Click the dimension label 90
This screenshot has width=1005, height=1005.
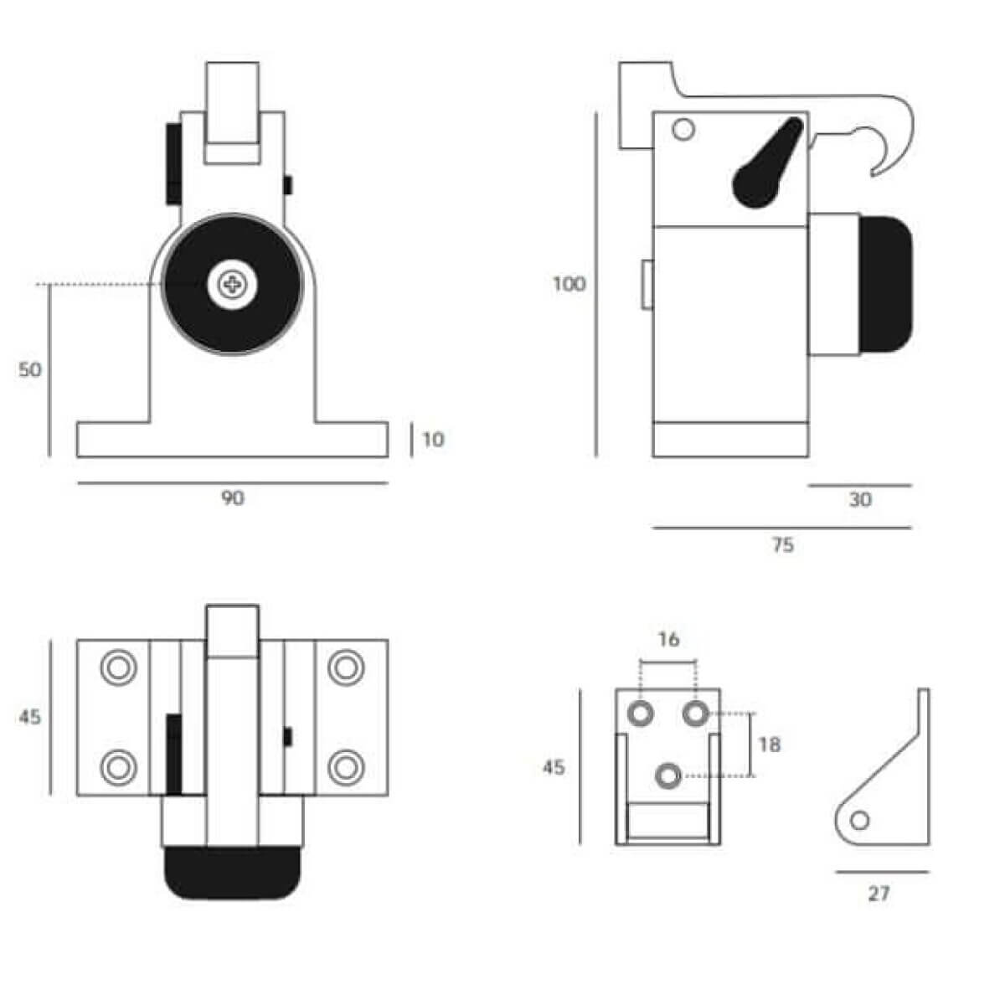click(x=233, y=498)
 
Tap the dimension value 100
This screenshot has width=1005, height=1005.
click(x=569, y=284)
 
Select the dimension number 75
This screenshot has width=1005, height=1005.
click(x=782, y=545)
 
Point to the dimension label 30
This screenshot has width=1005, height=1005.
click(x=860, y=500)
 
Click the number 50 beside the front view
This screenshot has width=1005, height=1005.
click(x=29, y=370)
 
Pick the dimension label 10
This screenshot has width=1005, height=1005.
click(x=433, y=441)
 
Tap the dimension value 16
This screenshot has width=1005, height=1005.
click(x=668, y=639)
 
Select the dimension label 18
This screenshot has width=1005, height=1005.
click(x=770, y=745)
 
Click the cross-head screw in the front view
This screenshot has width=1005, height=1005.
click(x=233, y=285)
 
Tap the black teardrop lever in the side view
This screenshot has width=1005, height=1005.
click(x=768, y=162)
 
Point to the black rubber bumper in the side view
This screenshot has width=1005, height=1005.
click(x=885, y=284)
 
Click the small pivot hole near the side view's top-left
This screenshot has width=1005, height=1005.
click(x=683, y=129)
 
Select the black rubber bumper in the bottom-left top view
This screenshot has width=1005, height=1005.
click(x=233, y=873)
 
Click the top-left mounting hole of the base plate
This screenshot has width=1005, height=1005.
click(x=118, y=667)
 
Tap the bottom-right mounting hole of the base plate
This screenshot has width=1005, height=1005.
click(x=346, y=768)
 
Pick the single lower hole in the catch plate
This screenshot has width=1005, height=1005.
click(x=668, y=776)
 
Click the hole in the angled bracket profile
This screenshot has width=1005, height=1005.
click(x=859, y=821)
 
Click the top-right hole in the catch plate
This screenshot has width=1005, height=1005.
click(x=695, y=713)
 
